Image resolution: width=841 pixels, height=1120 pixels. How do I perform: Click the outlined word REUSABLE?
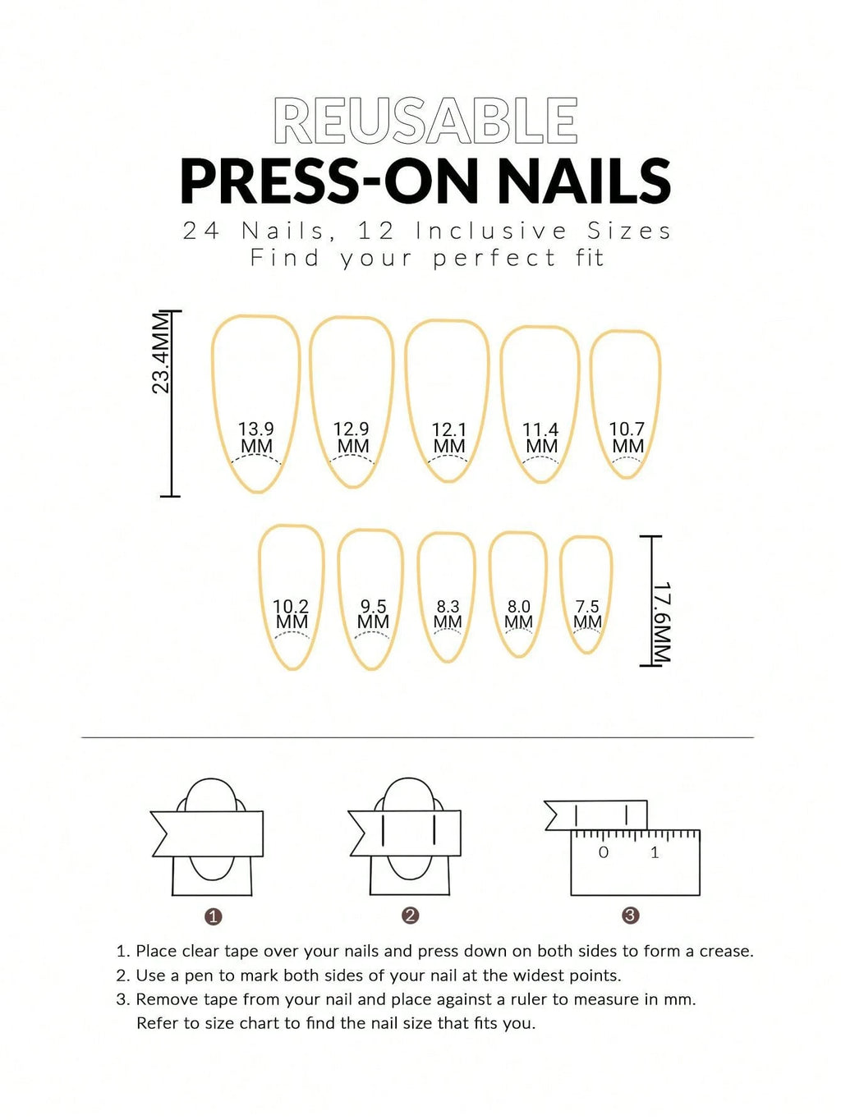click(425, 122)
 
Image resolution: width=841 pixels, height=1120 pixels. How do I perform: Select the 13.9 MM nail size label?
click(256, 438)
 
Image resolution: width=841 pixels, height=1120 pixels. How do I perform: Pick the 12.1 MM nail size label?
click(449, 438)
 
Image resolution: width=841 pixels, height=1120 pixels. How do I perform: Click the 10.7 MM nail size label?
click(627, 438)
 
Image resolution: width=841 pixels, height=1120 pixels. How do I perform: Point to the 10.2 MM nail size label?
click(291, 613)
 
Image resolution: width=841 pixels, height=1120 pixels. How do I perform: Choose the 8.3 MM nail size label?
click(448, 613)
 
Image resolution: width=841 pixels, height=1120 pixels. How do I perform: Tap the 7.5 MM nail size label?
click(587, 613)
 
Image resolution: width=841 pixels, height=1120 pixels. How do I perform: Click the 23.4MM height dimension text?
click(162, 354)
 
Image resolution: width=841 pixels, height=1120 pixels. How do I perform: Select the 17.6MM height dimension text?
click(662, 623)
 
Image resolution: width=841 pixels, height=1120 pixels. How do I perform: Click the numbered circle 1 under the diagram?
click(214, 916)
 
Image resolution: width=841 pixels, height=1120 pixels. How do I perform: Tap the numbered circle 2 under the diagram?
click(411, 916)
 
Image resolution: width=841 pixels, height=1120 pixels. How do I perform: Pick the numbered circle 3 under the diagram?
click(630, 916)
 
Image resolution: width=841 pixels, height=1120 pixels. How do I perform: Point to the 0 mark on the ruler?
click(604, 852)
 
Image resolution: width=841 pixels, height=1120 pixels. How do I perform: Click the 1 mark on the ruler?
click(655, 852)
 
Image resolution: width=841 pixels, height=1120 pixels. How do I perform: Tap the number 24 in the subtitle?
click(201, 231)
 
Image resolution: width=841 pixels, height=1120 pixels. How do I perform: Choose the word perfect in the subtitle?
click(494, 258)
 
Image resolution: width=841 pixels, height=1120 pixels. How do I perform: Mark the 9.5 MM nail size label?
click(373, 613)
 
